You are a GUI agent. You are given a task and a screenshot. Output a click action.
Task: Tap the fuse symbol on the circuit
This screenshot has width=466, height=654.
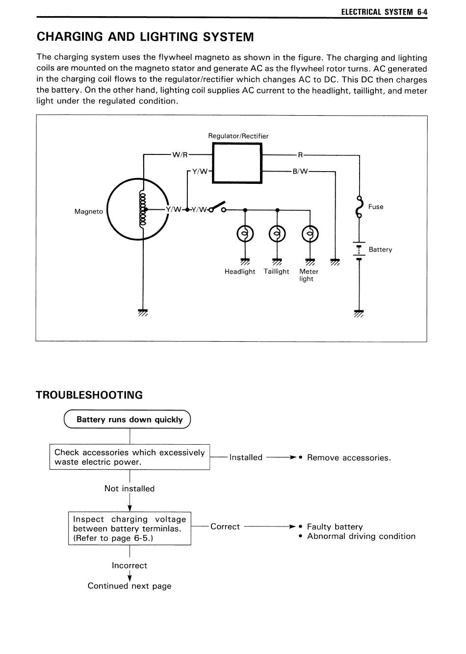coord(360,207)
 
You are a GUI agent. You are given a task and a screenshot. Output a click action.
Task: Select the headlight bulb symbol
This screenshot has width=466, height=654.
coord(245,234)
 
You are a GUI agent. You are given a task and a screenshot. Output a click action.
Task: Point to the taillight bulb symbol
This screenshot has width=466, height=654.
coord(277,234)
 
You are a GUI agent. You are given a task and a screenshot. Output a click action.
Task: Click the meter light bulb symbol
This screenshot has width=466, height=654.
coord(310,234)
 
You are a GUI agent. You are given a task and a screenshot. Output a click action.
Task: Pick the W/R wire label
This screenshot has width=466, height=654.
coord(180,155)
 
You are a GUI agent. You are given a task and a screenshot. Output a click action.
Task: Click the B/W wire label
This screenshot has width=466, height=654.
coord(300,172)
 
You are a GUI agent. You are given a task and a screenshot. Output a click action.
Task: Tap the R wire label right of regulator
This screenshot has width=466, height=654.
coord(300,155)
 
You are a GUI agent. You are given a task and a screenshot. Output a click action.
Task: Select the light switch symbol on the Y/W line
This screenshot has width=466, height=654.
coord(217,207)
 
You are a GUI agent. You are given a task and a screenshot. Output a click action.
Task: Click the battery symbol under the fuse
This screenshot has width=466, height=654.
coord(359,250)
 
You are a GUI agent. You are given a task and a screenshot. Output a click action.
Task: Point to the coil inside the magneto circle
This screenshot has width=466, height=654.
coord(143,209)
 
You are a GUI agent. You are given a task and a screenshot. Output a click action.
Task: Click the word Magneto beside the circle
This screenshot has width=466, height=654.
coord(88,211)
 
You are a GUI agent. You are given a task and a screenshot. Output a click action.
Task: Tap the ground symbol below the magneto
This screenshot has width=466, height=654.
coord(143,313)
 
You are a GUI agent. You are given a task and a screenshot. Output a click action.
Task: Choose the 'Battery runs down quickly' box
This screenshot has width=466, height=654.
coord(127,419)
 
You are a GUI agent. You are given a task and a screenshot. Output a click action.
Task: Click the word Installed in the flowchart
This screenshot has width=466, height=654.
coord(246,457)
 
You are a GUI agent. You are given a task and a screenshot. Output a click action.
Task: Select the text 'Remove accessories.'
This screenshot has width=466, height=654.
coord(349,457)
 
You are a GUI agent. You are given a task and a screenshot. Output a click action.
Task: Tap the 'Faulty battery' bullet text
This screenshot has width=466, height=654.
coord(335,527)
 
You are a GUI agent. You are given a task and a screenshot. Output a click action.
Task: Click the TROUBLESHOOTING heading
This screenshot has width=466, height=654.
coord(89,395)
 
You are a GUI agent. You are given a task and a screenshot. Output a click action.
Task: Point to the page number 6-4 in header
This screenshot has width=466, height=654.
coord(422,12)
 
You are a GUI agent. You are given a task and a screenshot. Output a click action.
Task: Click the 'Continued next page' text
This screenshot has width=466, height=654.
coord(129,586)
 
